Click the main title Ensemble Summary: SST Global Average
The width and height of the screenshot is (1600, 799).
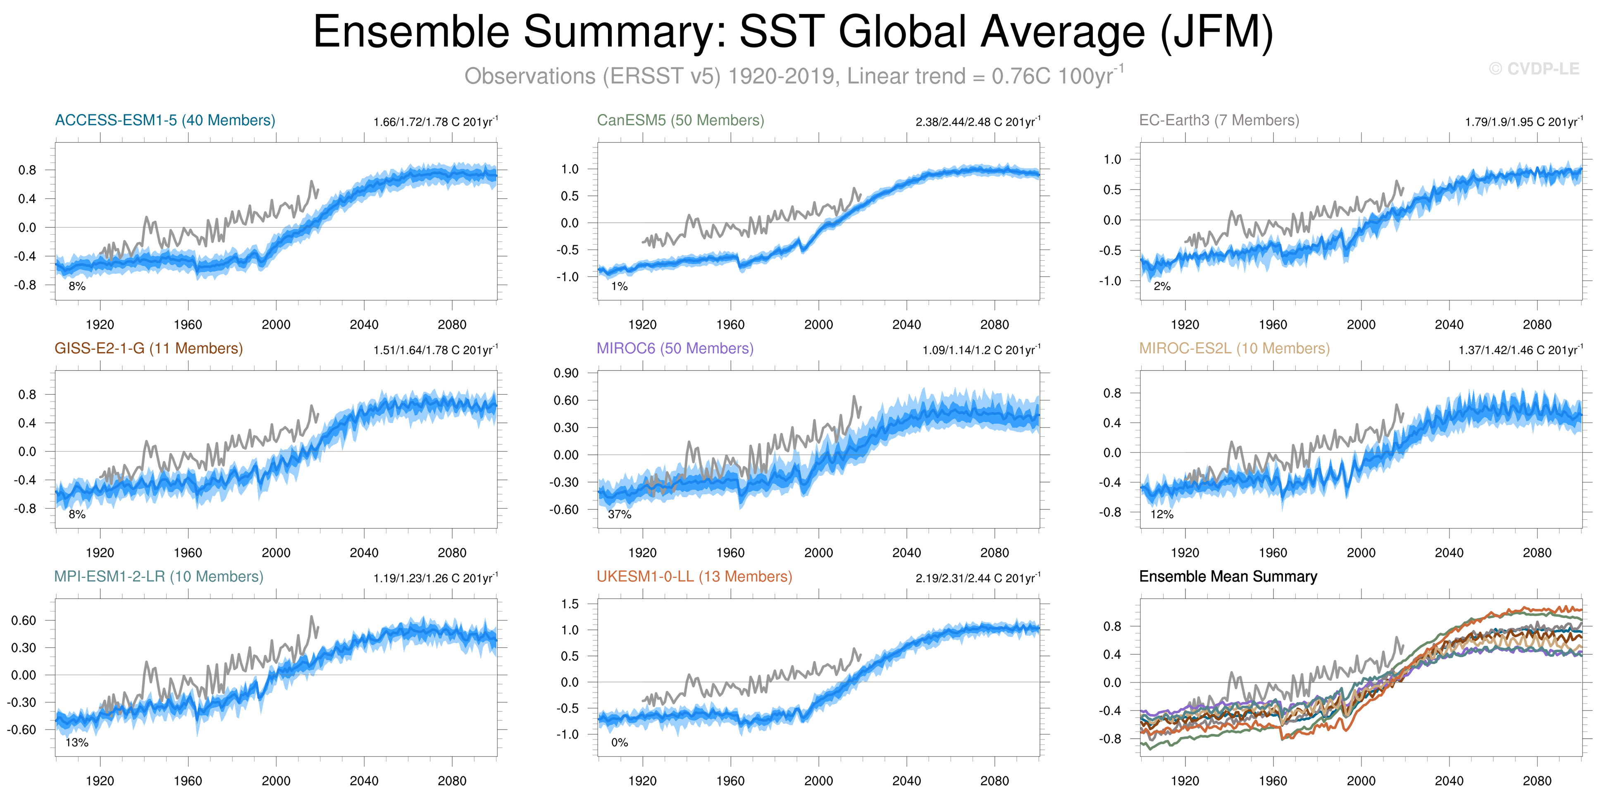792,32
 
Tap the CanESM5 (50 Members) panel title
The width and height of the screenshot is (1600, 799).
680,121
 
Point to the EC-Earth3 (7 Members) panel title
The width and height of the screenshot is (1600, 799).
1218,121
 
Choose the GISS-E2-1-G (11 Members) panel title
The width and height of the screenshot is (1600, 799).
148,348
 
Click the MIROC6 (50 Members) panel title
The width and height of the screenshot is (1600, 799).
675,348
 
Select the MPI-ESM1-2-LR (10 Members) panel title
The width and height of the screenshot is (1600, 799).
158,576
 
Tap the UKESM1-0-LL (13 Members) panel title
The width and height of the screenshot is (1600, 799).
694,576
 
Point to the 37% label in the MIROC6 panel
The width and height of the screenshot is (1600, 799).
619,514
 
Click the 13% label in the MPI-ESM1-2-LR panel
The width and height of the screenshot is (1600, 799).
77,742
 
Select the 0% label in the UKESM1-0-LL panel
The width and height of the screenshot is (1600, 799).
619,742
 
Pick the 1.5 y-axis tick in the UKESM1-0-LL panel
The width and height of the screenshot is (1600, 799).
570,604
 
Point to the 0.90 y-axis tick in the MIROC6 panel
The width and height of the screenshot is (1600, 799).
566,373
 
